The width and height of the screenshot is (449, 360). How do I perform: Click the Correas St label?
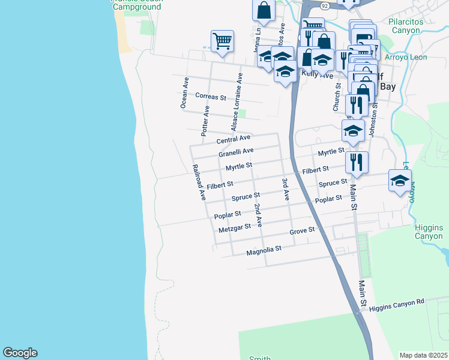point(210,97)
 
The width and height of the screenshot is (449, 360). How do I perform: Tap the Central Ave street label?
point(234,139)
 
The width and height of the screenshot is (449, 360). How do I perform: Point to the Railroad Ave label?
point(198,182)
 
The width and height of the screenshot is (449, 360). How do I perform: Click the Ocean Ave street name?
point(184,92)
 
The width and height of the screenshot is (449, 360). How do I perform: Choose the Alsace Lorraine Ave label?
point(235,103)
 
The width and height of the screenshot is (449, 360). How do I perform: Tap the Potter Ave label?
point(205,120)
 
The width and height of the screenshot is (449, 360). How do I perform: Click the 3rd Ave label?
point(286,188)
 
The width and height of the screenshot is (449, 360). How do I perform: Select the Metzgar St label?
point(234,228)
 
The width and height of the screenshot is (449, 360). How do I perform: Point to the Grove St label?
point(302,230)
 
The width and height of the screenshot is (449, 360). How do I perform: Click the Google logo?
point(20,353)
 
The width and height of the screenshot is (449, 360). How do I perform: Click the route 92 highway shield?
point(324,5)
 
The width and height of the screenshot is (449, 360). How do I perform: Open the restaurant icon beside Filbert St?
point(357,161)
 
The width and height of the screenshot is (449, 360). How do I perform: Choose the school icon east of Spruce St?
point(400,180)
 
